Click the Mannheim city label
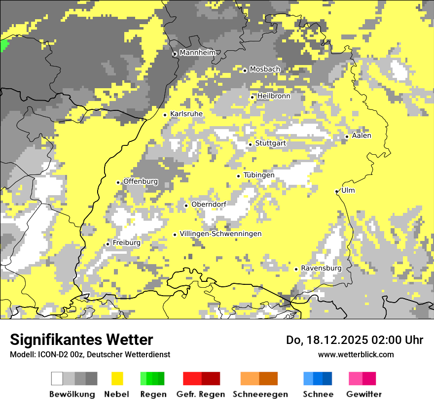coord(197,53)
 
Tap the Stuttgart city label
coord(270,143)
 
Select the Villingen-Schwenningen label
coord(220,234)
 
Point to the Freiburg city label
coord(126,243)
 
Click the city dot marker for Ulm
coord(337,192)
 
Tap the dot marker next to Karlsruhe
coord(165,115)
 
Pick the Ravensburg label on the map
coord(321,269)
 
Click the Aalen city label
coord(362,136)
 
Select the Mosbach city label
coord(265,69)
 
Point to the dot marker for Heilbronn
coord(253,97)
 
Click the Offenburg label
coord(141,181)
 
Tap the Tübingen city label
coord(259,175)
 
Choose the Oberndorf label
coord(209,204)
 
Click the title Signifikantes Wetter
coord(81,340)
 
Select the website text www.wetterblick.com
coord(356,354)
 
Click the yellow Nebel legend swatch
coord(117,378)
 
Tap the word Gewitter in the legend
coord(363,394)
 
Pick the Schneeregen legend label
coord(260,394)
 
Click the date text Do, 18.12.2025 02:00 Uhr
coord(354,340)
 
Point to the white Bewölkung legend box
coord(57,378)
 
